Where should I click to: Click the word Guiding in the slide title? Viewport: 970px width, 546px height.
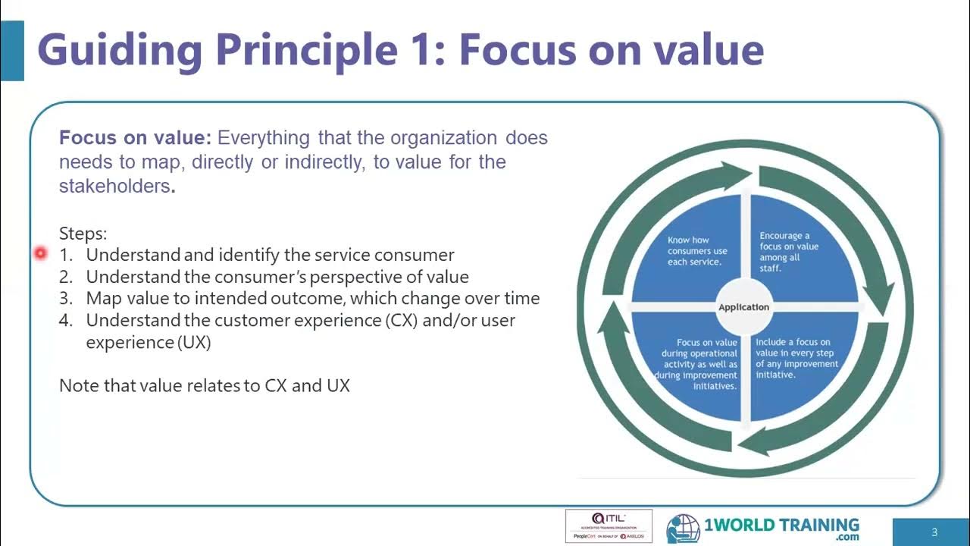pyautogui.click(x=119, y=50)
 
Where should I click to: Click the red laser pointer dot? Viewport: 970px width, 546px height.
pyautogui.click(x=40, y=253)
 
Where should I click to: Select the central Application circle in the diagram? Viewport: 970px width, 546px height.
pyautogui.click(x=743, y=307)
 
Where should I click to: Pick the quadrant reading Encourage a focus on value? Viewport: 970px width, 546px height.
pyautogui.click(x=790, y=252)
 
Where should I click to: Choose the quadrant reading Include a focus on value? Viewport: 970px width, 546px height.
pyautogui.click(x=796, y=359)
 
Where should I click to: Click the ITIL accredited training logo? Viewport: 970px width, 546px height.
pyautogui.click(x=609, y=526)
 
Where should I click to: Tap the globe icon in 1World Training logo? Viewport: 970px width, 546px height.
pyautogui.click(x=683, y=529)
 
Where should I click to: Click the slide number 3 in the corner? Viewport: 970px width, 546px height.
pyautogui.click(x=934, y=532)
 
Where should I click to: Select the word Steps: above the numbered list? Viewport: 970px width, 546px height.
pyautogui.click(x=83, y=234)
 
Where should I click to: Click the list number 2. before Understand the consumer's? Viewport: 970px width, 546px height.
pyautogui.click(x=66, y=277)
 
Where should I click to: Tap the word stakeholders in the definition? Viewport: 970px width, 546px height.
pyautogui.click(x=114, y=186)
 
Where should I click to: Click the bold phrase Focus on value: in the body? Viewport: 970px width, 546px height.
pyautogui.click(x=135, y=138)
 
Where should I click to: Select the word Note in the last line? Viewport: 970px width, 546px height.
pyautogui.click(x=77, y=385)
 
